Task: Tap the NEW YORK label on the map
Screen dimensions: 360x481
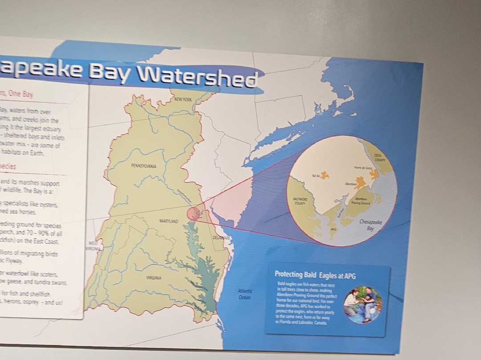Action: pyautogui.click(x=183, y=100)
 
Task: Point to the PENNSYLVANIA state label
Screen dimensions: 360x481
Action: pyautogui.click(x=143, y=166)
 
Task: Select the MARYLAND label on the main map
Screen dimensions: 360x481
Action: pyautogui.click(x=169, y=221)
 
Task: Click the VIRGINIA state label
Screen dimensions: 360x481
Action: pyautogui.click(x=154, y=278)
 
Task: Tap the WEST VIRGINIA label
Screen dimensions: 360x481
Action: pyautogui.click(x=93, y=246)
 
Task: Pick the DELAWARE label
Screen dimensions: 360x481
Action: pyautogui.click(x=221, y=238)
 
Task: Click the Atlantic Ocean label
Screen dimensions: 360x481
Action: pyautogui.click(x=245, y=294)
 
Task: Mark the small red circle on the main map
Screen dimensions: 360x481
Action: pyautogui.click(x=193, y=213)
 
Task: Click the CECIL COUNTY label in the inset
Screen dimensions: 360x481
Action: pyautogui.click(x=379, y=157)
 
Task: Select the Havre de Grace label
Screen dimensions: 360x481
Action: pyautogui.click(x=363, y=168)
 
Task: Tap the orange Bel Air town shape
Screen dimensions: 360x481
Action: pyautogui.click(x=324, y=176)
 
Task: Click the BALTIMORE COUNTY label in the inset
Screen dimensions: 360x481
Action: pyautogui.click(x=300, y=201)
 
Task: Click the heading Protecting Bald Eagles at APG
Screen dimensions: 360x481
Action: pyautogui.click(x=315, y=274)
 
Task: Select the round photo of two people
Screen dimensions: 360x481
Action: pyautogui.click(x=363, y=305)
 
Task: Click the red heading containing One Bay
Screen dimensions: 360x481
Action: pyautogui.click(x=18, y=94)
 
